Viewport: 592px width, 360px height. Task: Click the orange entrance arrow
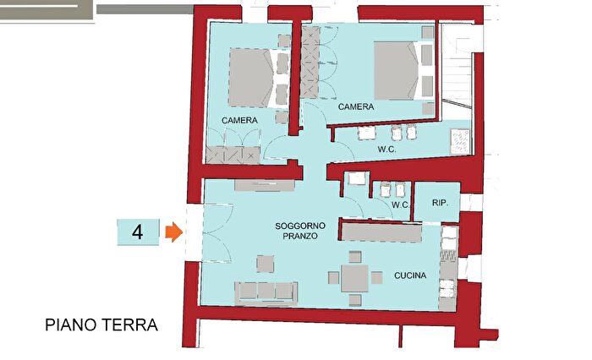pos(173,232)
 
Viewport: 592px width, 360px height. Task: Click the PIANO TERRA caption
pos(101,325)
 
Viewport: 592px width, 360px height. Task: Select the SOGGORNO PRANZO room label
pos(296,232)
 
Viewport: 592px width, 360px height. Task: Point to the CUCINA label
pos(410,276)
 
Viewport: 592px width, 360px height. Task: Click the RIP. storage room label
pos(439,203)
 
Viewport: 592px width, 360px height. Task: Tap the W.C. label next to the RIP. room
pos(400,205)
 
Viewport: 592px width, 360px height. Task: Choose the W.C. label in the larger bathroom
pos(387,150)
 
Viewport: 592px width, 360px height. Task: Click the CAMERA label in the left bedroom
pos(240,121)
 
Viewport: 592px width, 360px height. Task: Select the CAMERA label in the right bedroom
pos(356,107)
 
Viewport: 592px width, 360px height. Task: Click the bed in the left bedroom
pos(251,78)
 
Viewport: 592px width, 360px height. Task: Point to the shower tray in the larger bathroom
pos(460,138)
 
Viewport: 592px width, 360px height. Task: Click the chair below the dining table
pos(355,300)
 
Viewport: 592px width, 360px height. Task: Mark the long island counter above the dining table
pos(381,231)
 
